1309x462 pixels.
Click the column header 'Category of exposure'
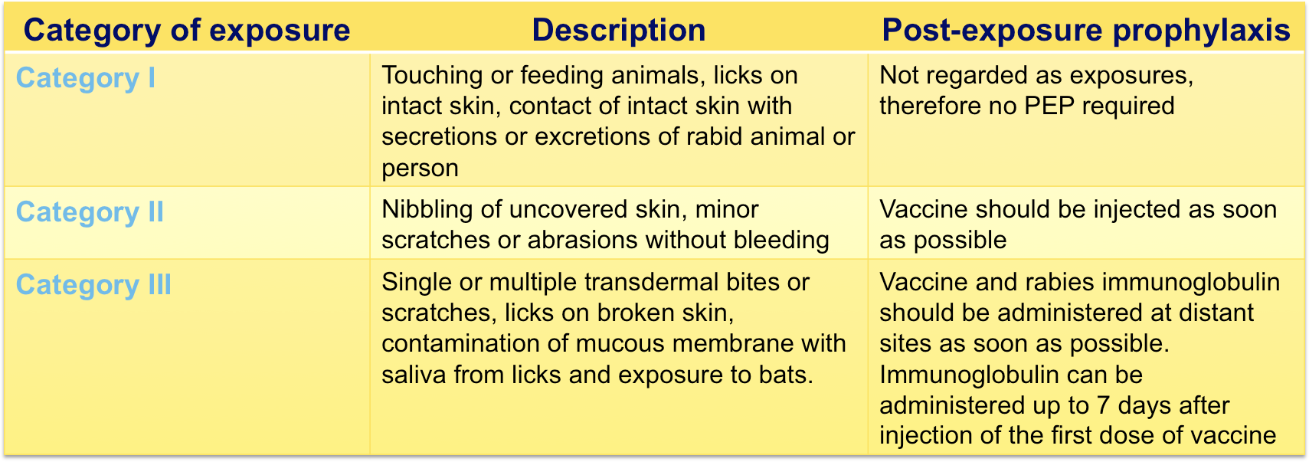[186, 31]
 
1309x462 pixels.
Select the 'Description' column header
[619, 31]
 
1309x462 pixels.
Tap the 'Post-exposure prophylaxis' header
[1086, 31]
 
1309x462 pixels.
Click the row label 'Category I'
[85, 78]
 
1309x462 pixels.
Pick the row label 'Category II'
[90, 211]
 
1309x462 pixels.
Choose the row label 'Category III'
[93, 285]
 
